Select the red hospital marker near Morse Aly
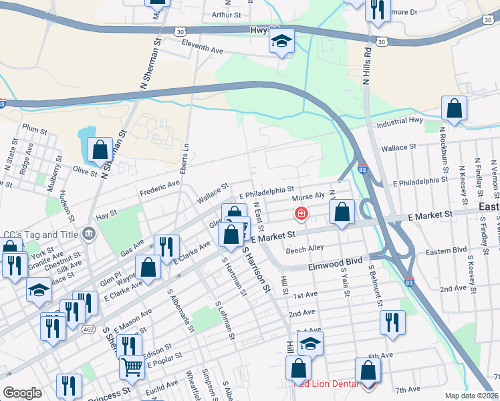(x=301, y=214)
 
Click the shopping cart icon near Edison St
(x=132, y=366)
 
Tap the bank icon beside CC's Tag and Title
(x=88, y=233)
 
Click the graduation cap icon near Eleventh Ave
(x=281, y=41)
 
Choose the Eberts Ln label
(x=187, y=154)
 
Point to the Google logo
(x=22, y=393)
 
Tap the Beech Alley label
(x=304, y=249)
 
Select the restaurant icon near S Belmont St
(x=392, y=322)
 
